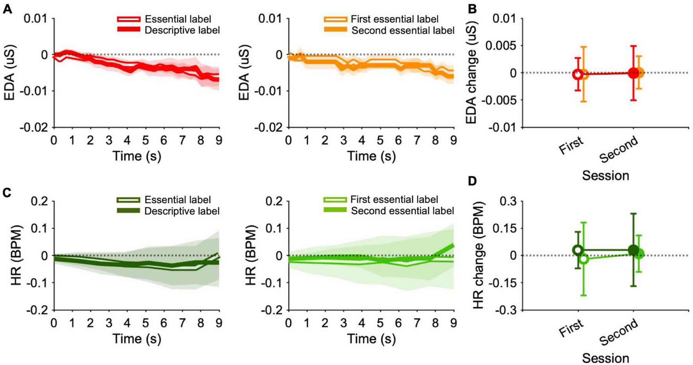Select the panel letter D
(x=472, y=181)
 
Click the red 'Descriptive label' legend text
(x=182, y=30)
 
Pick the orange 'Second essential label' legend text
(x=403, y=30)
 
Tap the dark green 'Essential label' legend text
(x=178, y=200)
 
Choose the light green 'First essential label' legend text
(x=394, y=200)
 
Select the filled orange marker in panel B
(x=638, y=73)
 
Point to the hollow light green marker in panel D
(x=583, y=259)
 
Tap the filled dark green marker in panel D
(x=633, y=250)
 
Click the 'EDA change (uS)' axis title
(x=472, y=73)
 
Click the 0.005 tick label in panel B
(x=498, y=46)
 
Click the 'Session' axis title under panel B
(x=605, y=175)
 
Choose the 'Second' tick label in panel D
(x=619, y=333)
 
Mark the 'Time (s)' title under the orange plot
(x=371, y=156)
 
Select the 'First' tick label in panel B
(x=571, y=145)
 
